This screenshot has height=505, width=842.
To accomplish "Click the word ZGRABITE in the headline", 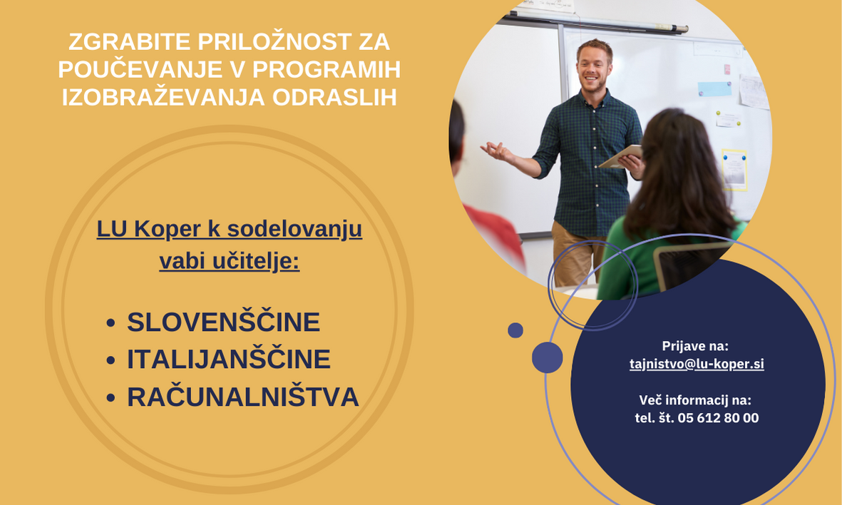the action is click(130, 42).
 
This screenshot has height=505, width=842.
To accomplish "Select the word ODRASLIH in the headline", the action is click(334, 97).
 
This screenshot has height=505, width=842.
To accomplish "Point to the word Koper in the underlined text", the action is click(167, 230).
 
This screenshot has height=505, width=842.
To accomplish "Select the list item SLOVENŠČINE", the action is click(223, 322).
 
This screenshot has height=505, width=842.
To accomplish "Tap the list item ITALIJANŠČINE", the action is click(229, 359).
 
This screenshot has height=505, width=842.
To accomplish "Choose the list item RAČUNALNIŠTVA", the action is click(242, 397).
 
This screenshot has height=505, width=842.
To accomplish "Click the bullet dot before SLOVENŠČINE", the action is click(111, 323).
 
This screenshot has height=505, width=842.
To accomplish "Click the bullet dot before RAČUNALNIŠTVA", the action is click(111, 397).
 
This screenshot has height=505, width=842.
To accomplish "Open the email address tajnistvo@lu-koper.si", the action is click(697, 364).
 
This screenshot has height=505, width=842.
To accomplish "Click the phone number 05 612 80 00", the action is click(718, 418).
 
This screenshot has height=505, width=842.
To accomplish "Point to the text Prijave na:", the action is click(695, 346).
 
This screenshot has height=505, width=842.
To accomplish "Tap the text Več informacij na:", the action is click(695, 400).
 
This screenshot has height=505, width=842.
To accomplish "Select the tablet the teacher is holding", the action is click(620, 156).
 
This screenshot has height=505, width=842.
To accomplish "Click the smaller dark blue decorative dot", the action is click(515, 330).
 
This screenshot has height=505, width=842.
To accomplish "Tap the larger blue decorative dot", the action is click(547, 357).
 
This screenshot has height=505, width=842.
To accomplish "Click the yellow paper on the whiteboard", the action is click(734, 170).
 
